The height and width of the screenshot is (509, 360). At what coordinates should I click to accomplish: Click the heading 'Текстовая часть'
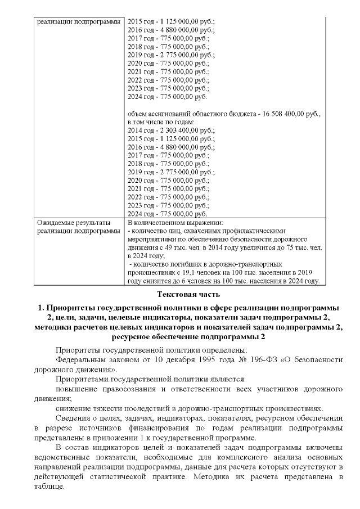[180, 294]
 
